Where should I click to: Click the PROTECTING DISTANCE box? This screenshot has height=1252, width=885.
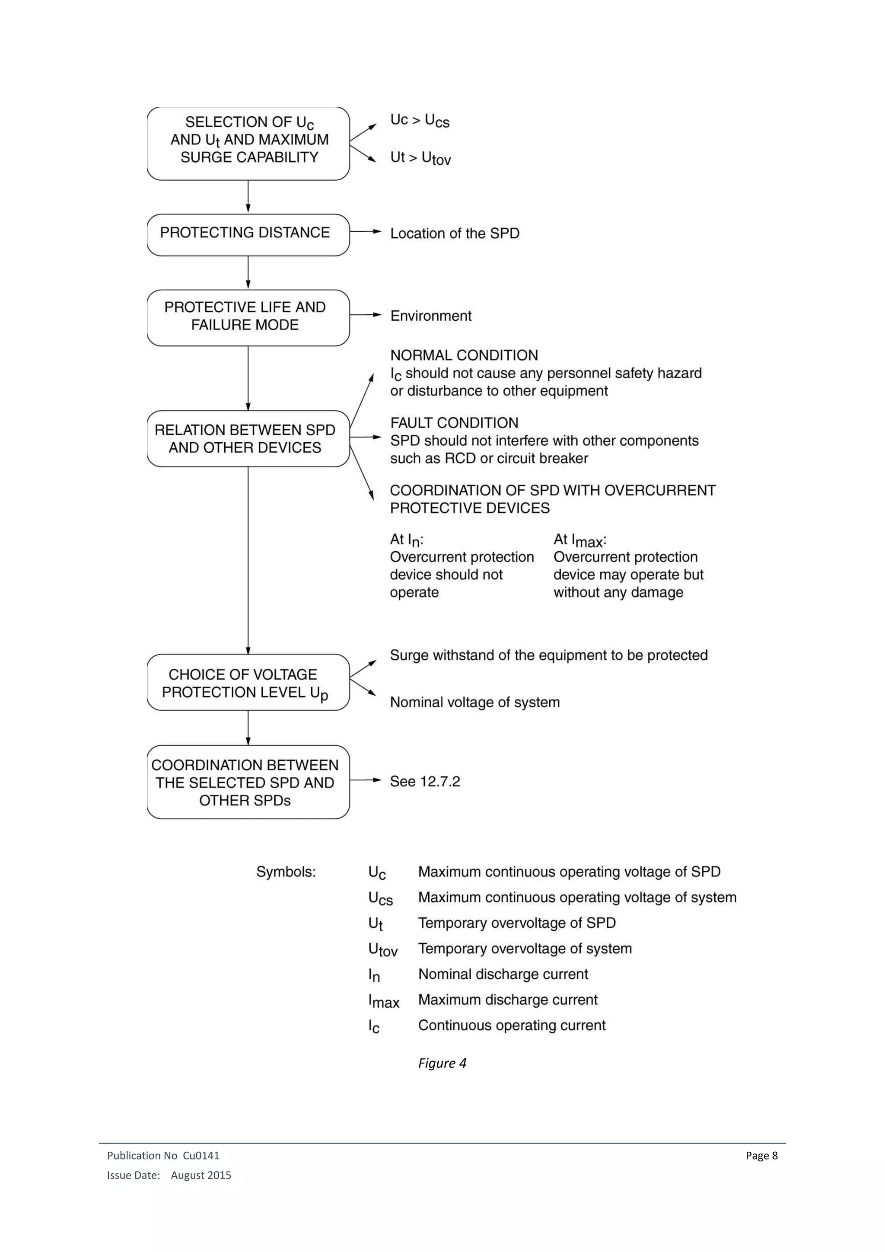(x=248, y=234)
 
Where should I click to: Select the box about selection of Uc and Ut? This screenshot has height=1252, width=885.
(x=248, y=144)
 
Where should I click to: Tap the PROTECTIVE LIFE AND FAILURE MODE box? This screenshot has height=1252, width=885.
(x=248, y=317)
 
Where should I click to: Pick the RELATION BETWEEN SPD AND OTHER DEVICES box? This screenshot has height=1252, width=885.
(x=248, y=438)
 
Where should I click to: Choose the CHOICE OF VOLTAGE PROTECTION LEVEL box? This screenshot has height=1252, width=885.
(x=248, y=682)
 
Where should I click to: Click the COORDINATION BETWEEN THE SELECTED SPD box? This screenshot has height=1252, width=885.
(x=248, y=782)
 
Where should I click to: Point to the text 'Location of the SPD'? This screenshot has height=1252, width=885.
(x=455, y=233)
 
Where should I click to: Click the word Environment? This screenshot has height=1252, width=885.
(x=430, y=316)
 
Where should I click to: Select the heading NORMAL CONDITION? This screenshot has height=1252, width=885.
(x=464, y=355)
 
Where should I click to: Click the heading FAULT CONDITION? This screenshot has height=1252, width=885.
(x=454, y=423)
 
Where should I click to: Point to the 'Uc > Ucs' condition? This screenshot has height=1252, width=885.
(x=420, y=121)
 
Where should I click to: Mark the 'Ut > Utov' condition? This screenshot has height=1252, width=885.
(x=420, y=158)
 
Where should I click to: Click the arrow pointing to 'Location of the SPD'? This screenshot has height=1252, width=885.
(x=366, y=231)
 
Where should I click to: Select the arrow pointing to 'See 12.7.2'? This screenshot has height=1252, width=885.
(x=366, y=780)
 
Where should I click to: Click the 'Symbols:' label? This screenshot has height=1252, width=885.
(x=286, y=872)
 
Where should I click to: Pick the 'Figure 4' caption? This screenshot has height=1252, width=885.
(x=442, y=1063)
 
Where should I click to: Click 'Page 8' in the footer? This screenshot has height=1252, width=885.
(x=761, y=1156)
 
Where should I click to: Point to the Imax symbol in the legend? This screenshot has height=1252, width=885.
(x=384, y=1001)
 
